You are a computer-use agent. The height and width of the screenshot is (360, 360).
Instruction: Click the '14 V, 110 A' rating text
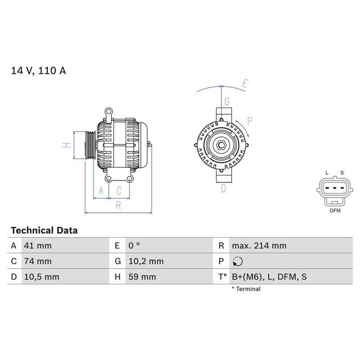tap(38, 71)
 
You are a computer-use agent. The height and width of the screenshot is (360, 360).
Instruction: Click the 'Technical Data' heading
tap(44, 230)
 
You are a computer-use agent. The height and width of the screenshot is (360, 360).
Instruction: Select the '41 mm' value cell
tap(38, 246)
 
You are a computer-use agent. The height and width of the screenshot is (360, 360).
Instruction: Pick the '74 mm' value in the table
tap(38, 261)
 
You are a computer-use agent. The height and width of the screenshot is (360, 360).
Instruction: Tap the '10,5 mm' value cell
tap(41, 277)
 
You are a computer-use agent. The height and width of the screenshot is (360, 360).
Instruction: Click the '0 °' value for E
tap(134, 246)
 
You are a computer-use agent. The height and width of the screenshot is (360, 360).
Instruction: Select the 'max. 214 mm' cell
tap(259, 246)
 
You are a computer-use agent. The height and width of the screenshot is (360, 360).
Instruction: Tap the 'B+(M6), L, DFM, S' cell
tap(269, 277)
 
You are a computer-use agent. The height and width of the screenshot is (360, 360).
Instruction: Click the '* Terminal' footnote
tap(246, 289)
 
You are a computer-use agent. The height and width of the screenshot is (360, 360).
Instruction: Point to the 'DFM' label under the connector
tap(335, 210)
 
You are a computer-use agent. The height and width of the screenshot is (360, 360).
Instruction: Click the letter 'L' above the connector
tap(327, 173)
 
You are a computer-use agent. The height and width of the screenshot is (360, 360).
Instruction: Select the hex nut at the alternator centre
tap(222, 145)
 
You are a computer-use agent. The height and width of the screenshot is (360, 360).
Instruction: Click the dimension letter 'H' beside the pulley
tap(66, 145)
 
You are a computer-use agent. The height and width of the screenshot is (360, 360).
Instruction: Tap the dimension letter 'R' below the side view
tap(118, 206)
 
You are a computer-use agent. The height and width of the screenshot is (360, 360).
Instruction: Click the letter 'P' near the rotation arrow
tap(250, 120)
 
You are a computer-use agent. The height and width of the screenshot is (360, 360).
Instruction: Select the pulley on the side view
tap(90, 145)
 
